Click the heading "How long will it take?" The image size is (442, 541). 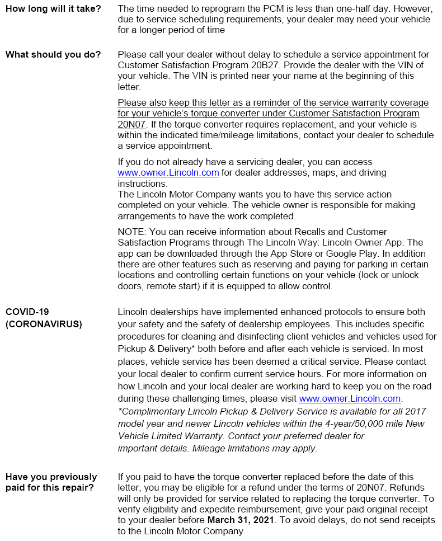[x=53, y=9]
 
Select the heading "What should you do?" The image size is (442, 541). [x=53, y=55]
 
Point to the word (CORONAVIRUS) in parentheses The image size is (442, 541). [x=44, y=324]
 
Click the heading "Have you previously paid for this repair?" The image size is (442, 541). [x=51, y=482]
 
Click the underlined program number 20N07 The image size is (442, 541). [x=129, y=124]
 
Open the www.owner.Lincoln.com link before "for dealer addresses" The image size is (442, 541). [x=168, y=172]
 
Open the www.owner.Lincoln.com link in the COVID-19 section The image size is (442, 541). [x=350, y=398]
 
